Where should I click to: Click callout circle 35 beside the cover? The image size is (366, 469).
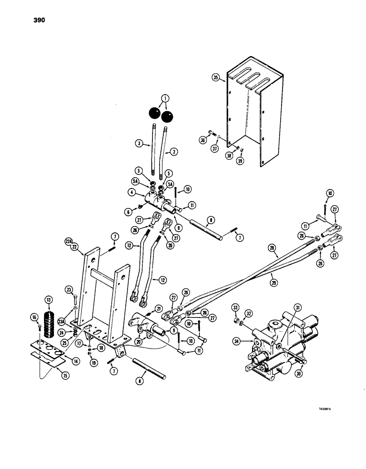pos(216,78)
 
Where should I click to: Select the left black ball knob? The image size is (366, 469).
pos(154,113)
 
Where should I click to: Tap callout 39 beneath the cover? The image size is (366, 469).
pos(241,161)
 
